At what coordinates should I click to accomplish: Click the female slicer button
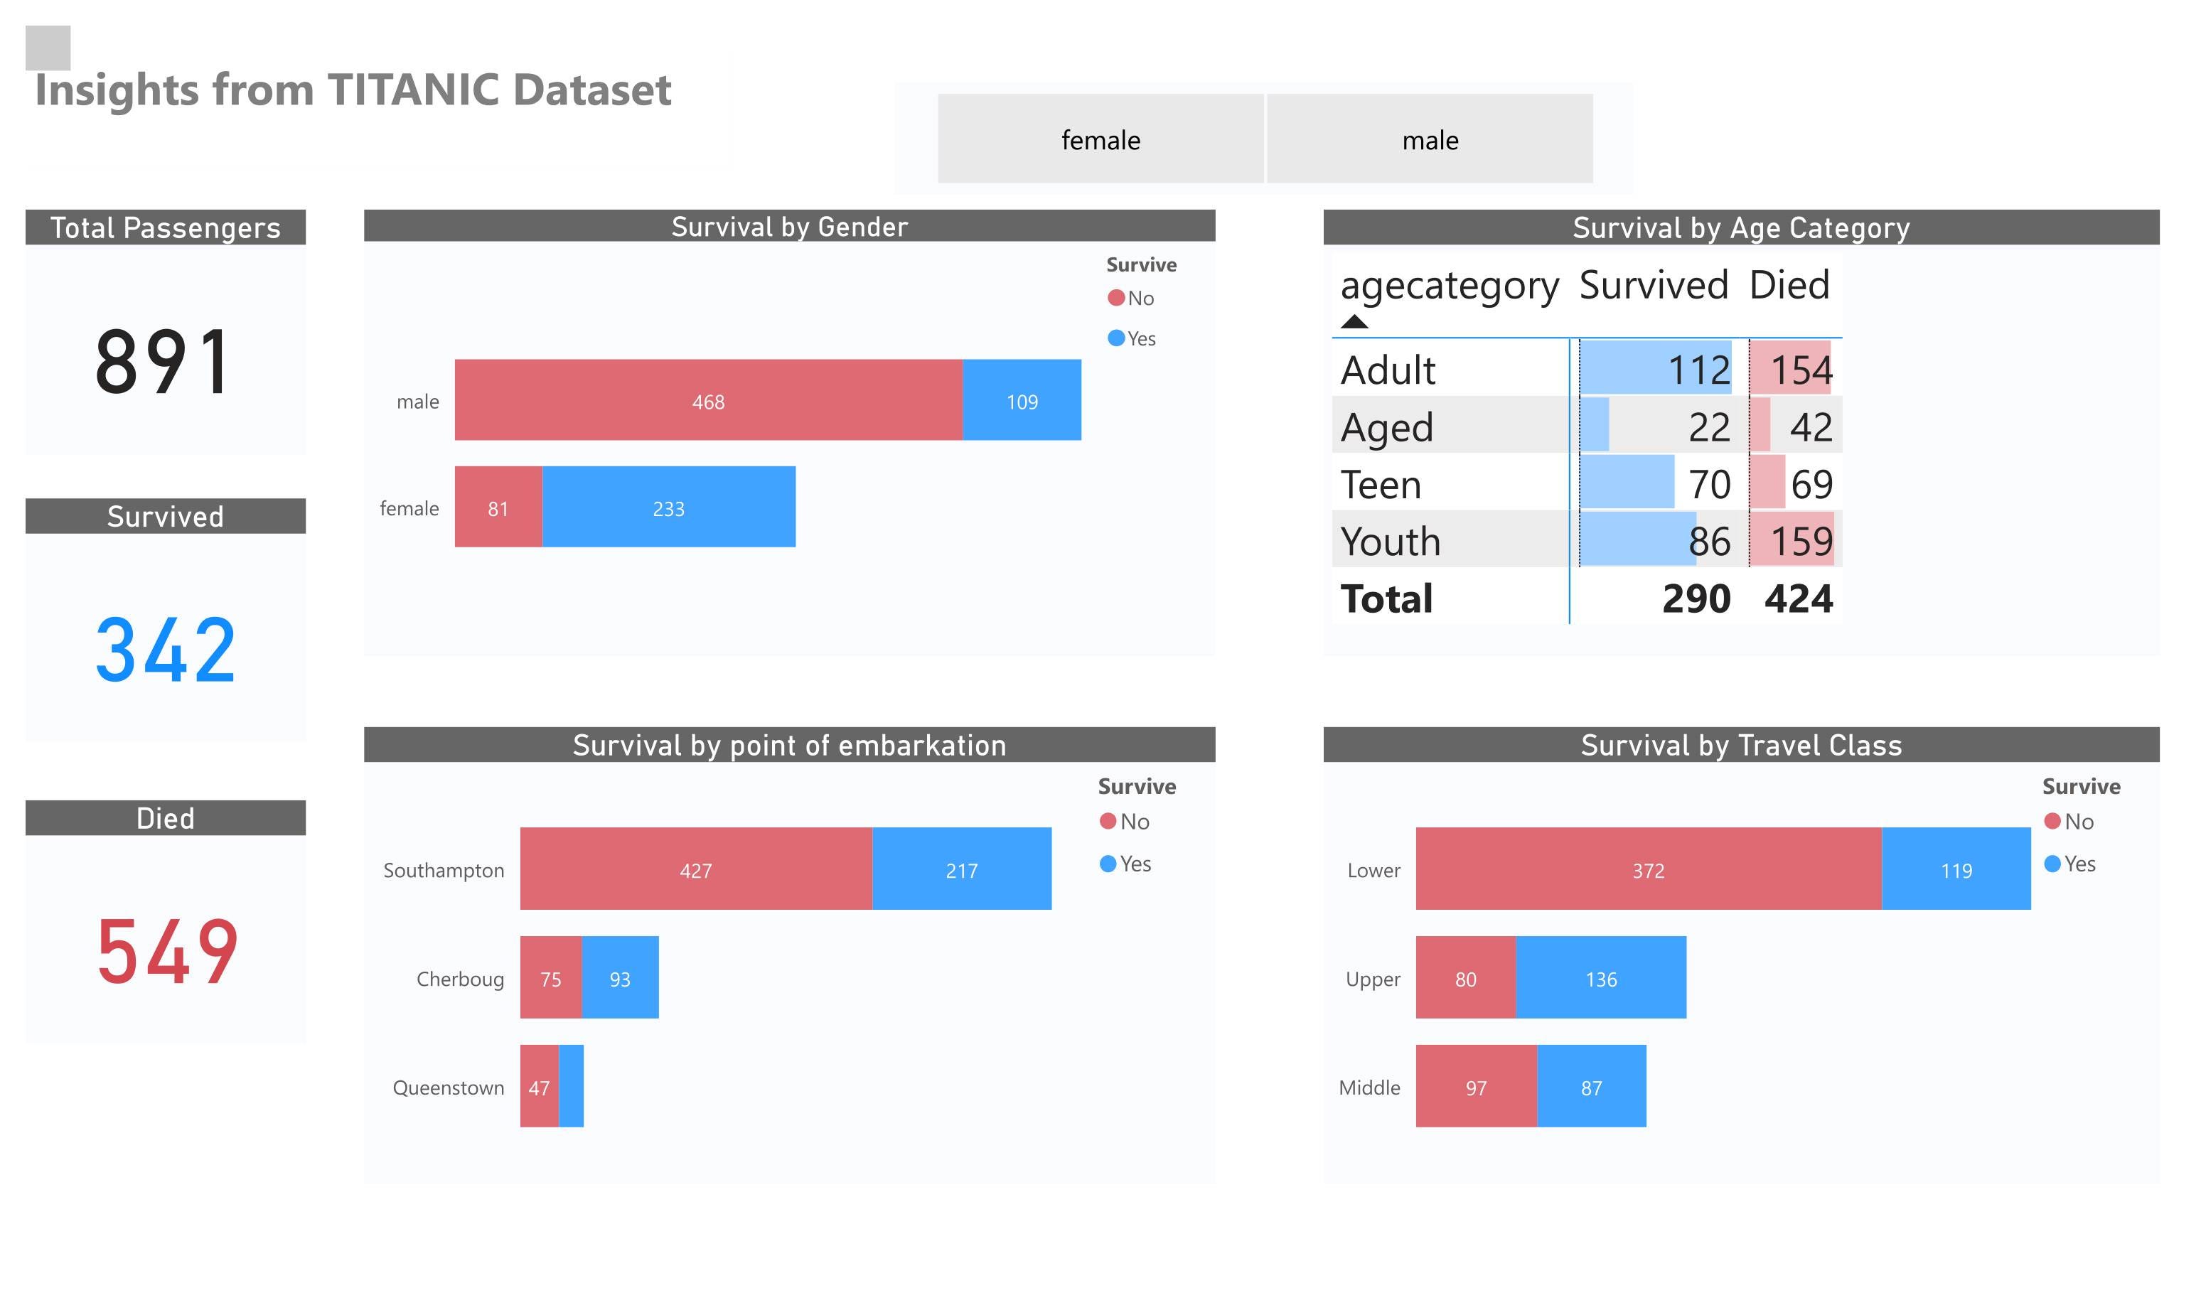click(x=1100, y=139)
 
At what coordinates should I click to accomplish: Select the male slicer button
click(x=1429, y=139)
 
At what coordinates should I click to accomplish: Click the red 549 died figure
click(x=166, y=952)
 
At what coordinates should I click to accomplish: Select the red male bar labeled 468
click(x=708, y=400)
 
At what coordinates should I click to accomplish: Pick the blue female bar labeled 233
click(x=668, y=507)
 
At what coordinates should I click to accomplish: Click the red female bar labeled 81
click(x=498, y=507)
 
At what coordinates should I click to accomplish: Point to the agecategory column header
click(x=1449, y=286)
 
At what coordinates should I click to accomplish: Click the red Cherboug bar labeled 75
click(x=550, y=978)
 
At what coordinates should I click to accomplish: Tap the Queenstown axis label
click(x=448, y=1087)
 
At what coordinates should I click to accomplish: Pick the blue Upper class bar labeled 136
click(x=1600, y=978)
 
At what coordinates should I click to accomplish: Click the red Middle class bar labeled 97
click(x=1476, y=1087)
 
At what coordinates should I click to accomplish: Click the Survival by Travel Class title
click(x=1740, y=745)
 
